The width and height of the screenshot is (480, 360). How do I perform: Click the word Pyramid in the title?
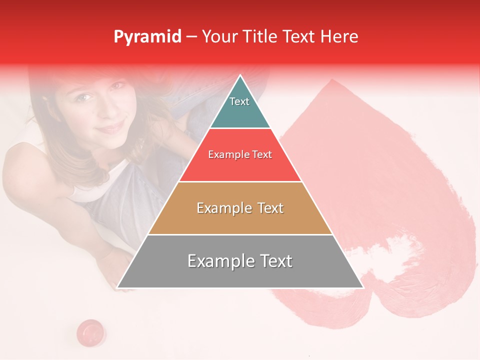tap(147, 37)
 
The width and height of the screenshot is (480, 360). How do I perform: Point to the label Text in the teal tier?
tap(239, 101)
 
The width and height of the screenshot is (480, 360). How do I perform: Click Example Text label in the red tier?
tap(240, 154)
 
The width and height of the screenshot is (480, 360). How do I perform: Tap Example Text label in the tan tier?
tap(240, 208)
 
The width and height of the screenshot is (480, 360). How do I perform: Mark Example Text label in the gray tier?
tap(240, 261)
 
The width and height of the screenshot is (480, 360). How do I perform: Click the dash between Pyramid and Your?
tap(191, 37)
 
